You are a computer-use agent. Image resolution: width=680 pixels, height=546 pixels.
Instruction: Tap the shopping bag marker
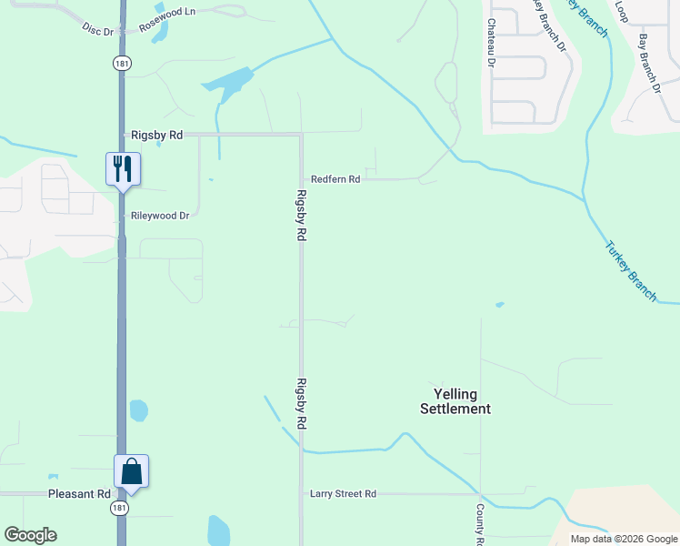pos(131,471)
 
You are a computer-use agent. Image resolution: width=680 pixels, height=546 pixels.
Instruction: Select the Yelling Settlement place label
pos(455,401)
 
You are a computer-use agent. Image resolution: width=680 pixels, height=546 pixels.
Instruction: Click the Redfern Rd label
pos(335,180)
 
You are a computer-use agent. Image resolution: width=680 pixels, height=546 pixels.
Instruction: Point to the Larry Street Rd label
pos(343,494)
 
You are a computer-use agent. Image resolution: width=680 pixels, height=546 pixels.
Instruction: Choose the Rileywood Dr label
pos(160,217)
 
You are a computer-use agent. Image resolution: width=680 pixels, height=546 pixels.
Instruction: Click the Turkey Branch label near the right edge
pos(631,271)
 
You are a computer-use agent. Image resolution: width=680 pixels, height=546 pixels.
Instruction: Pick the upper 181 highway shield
pos(122,63)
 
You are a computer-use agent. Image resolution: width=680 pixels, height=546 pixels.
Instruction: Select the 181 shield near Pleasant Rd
pos(120,508)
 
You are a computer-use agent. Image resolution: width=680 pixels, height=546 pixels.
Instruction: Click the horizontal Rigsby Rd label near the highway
pos(157,135)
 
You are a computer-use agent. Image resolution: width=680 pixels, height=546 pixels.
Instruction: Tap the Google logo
pos(30,535)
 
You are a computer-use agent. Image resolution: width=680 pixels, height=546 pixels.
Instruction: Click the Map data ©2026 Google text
pos(624,539)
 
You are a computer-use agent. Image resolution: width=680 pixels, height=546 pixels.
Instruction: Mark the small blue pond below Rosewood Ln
pos(161,32)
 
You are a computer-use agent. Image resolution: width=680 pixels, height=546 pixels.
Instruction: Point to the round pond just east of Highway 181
pos(138,410)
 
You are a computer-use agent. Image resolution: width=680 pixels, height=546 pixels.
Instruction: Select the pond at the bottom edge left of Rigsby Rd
pos(218,531)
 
